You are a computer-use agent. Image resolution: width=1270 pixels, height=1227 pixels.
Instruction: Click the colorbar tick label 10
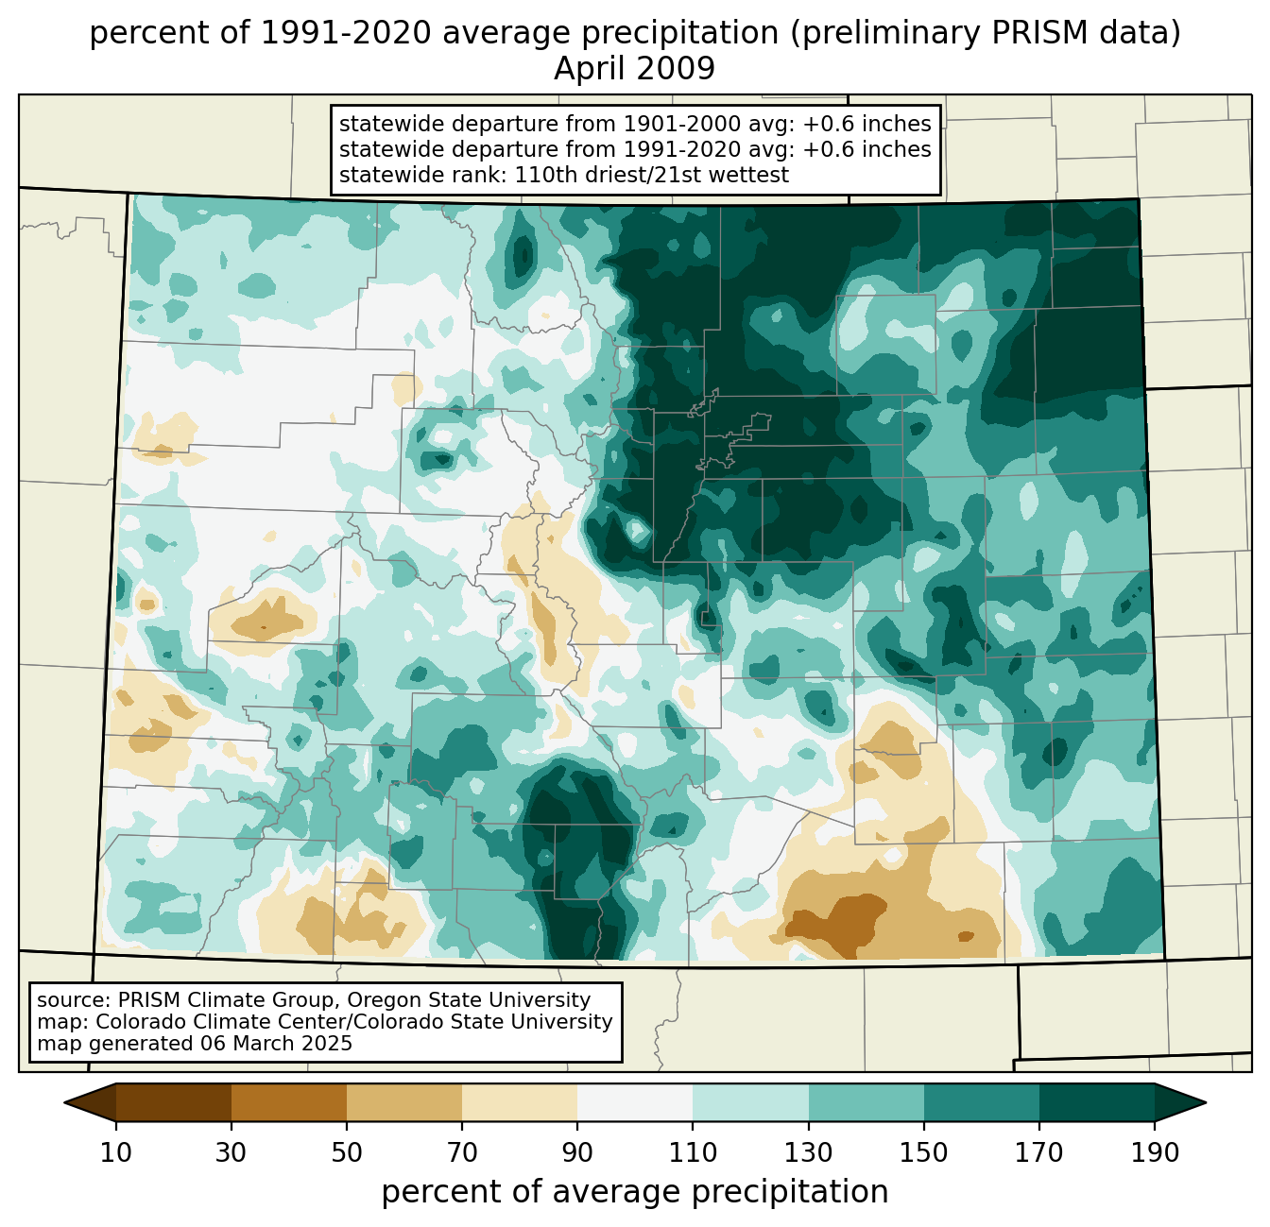point(115,1153)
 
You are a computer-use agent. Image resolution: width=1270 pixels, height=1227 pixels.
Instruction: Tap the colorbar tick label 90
point(577,1153)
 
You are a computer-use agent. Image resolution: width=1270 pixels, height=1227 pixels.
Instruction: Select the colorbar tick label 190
point(1155,1153)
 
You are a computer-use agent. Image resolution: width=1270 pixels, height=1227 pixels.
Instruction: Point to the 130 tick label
point(808,1153)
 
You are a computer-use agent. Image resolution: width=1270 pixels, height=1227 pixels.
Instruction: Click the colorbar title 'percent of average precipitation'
point(634,1192)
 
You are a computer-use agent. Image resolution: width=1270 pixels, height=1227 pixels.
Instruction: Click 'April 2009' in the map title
point(634,68)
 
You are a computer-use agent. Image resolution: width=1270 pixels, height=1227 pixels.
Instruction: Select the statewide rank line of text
point(564,175)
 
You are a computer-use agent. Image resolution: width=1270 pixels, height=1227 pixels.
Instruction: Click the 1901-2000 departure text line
point(635,124)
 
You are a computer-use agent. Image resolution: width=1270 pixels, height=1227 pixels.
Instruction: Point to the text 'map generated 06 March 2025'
point(195,1044)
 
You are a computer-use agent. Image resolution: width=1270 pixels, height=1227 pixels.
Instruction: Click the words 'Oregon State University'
point(469,1000)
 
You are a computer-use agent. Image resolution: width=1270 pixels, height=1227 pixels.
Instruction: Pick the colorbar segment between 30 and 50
point(288,1102)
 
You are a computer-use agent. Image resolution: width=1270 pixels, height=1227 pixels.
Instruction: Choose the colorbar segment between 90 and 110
point(635,1102)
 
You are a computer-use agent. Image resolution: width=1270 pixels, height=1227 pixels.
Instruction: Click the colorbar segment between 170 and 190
point(1097,1102)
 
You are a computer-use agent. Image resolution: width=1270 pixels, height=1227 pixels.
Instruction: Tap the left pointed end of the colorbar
point(65,1102)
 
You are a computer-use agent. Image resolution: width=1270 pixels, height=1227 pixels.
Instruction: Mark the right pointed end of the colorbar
point(1205,1102)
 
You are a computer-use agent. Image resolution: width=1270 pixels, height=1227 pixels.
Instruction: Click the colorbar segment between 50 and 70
point(404,1102)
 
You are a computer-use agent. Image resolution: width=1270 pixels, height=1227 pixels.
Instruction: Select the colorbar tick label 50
point(347,1153)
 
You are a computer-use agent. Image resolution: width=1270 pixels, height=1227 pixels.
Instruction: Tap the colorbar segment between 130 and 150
point(866,1102)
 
